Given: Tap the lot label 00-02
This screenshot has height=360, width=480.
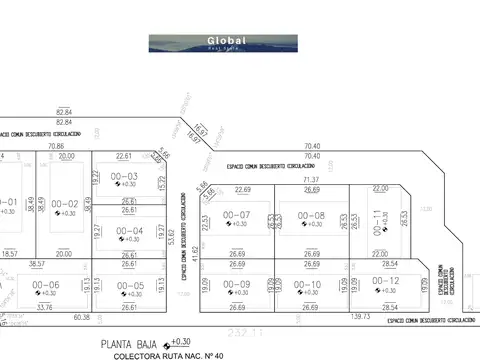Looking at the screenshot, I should click(x=64, y=202).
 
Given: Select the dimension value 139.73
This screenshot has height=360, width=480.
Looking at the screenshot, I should click(x=360, y=316).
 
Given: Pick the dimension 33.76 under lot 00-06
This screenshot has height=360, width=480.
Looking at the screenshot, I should click(x=43, y=308).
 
